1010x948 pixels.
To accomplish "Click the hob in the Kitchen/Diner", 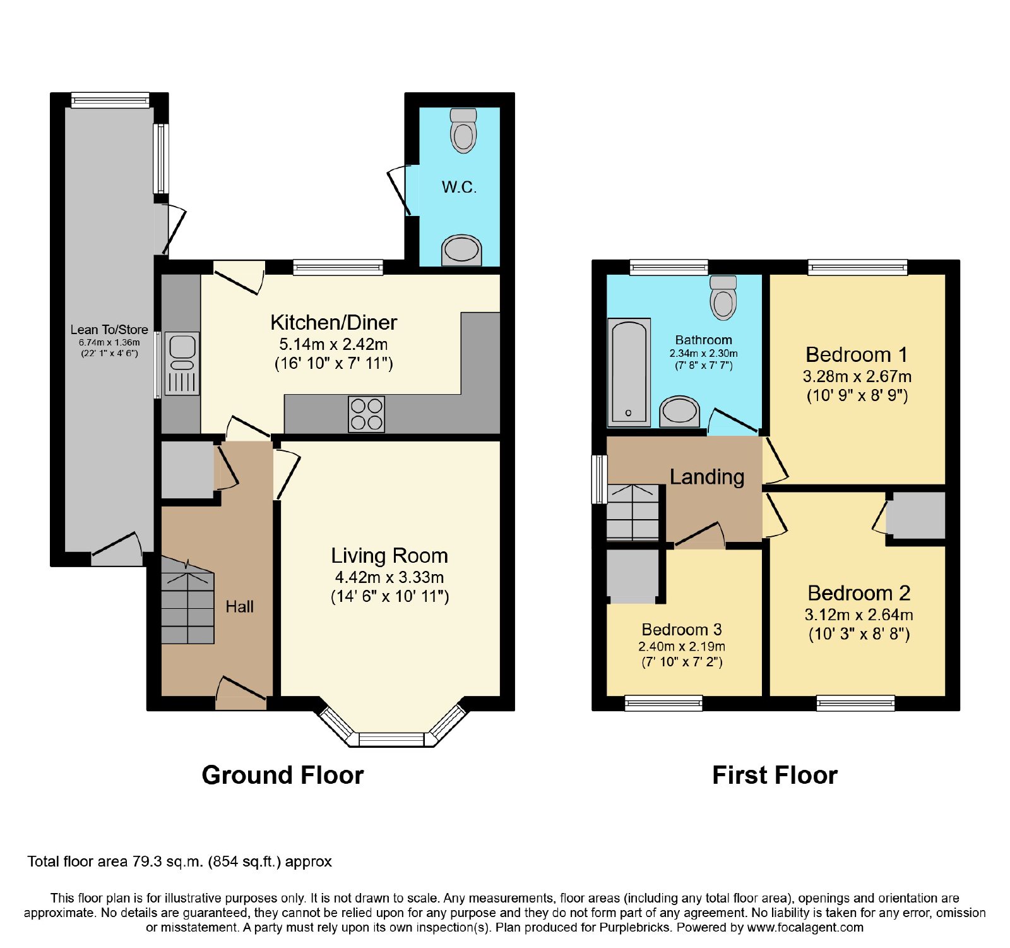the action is [366, 414].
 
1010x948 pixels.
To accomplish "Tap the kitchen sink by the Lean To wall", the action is [182, 364].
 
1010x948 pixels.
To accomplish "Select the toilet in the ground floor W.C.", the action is [464, 131].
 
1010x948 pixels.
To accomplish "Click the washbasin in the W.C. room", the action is [461, 250].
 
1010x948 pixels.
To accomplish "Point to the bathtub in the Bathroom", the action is [629, 372].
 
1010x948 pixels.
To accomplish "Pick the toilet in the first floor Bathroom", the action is [723, 297].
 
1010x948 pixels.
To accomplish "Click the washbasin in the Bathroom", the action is [679, 411].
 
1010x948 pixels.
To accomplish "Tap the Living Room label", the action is [389, 556].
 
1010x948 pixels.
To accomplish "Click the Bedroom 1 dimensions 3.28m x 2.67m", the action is [857, 376].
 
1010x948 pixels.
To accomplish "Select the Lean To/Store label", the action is [109, 330].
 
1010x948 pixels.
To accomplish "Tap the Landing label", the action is [707, 477].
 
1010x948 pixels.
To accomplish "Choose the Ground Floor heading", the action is [283, 776].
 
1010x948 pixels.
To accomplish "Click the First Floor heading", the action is [775, 776].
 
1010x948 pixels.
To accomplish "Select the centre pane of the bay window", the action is [391, 739].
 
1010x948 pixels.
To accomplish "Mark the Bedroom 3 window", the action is [663, 703].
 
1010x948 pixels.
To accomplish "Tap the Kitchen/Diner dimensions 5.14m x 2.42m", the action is [333, 344].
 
